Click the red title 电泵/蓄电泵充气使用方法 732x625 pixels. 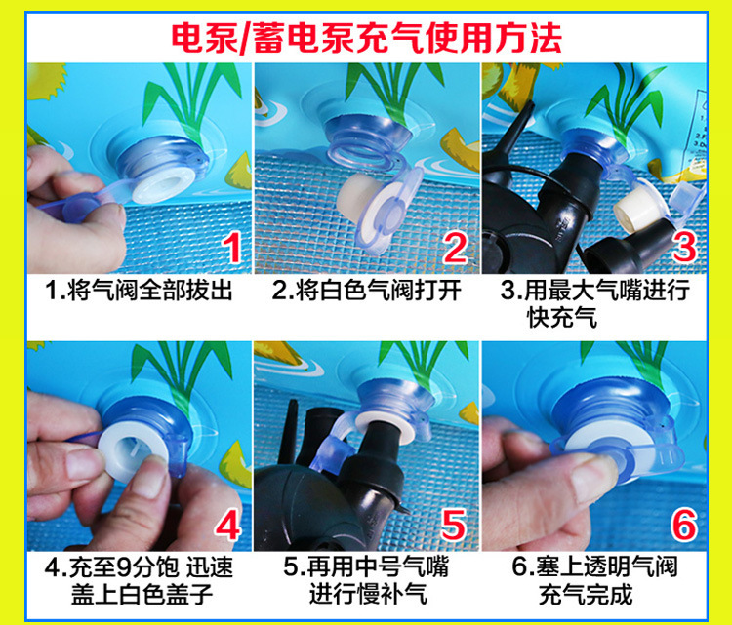click(366, 38)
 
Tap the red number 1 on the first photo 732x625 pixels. click(232, 248)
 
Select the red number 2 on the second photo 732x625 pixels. click(455, 248)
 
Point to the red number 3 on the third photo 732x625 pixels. click(684, 248)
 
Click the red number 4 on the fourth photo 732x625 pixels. click(227, 525)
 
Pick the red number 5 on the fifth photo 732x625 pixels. click(454, 525)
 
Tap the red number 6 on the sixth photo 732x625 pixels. click(684, 525)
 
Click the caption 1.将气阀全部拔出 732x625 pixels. click(139, 291)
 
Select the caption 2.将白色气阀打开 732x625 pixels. click(366, 291)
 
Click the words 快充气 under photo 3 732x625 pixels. click(562, 318)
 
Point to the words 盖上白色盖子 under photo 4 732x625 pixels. click(142, 594)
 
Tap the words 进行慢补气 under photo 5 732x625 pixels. click(368, 594)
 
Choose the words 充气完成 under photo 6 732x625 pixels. click(586, 594)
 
